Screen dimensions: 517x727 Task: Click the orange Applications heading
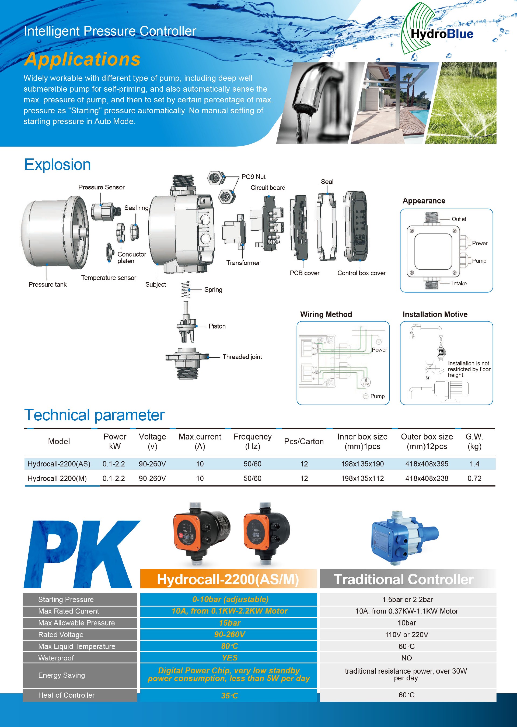tap(82, 59)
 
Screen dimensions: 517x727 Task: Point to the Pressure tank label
tap(48, 284)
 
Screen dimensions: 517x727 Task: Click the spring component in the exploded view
tap(186, 289)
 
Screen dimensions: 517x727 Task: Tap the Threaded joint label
tap(242, 357)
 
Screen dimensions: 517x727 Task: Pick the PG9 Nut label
tap(253, 177)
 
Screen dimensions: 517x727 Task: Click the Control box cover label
tap(361, 273)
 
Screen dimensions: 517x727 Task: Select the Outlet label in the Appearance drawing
tap(459, 219)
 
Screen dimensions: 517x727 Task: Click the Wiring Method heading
tap(326, 314)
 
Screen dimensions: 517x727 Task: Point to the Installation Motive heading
tap(435, 314)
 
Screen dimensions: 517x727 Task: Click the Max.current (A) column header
tap(200, 441)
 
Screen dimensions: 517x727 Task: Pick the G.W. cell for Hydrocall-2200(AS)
tap(474, 464)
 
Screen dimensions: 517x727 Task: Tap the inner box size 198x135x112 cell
tap(362, 478)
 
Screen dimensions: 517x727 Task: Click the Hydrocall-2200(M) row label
tap(57, 478)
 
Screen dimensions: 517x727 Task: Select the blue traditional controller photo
tap(404, 538)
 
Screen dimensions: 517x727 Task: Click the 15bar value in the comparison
tap(229, 623)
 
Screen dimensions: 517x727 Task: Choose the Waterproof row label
tap(56, 658)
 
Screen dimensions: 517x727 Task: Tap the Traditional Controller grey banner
tap(408, 579)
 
